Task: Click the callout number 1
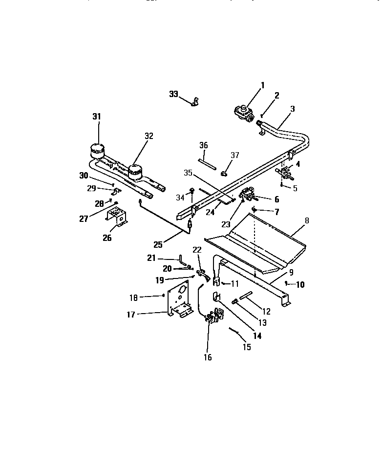coord(262,85)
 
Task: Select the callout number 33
coord(174,94)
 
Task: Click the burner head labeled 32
coord(134,171)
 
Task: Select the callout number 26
coord(106,238)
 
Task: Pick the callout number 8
coord(307,220)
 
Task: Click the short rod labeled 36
coord(207,163)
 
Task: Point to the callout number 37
coord(235,155)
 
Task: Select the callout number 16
coord(208,357)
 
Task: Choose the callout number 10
coord(300,285)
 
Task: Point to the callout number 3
coord(292,109)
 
